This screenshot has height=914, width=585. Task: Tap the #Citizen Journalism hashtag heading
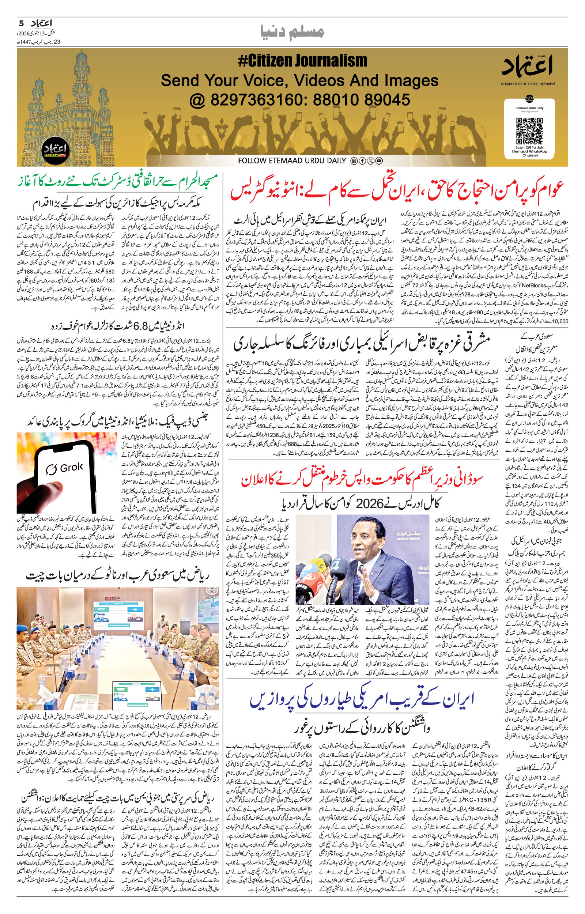[x=303, y=61]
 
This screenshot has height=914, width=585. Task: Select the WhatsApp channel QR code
[x=529, y=130]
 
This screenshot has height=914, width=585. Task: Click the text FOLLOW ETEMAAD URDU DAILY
[x=292, y=160]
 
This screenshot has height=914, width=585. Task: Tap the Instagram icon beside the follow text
[x=354, y=161]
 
